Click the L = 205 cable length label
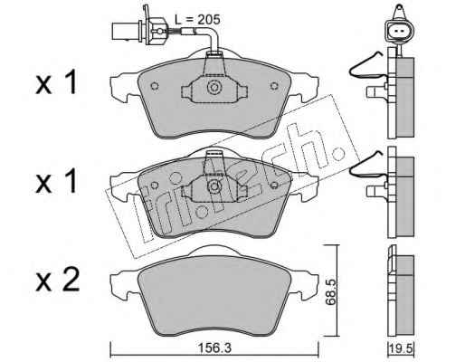(x=197, y=20)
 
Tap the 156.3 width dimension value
(x=214, y=348)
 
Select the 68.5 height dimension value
(x=330, y=292)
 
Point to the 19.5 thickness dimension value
(x=401, y=348)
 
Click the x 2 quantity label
(x=58, y=280)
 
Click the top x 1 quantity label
(x=56, y=83)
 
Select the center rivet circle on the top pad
(x=214, y=87)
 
